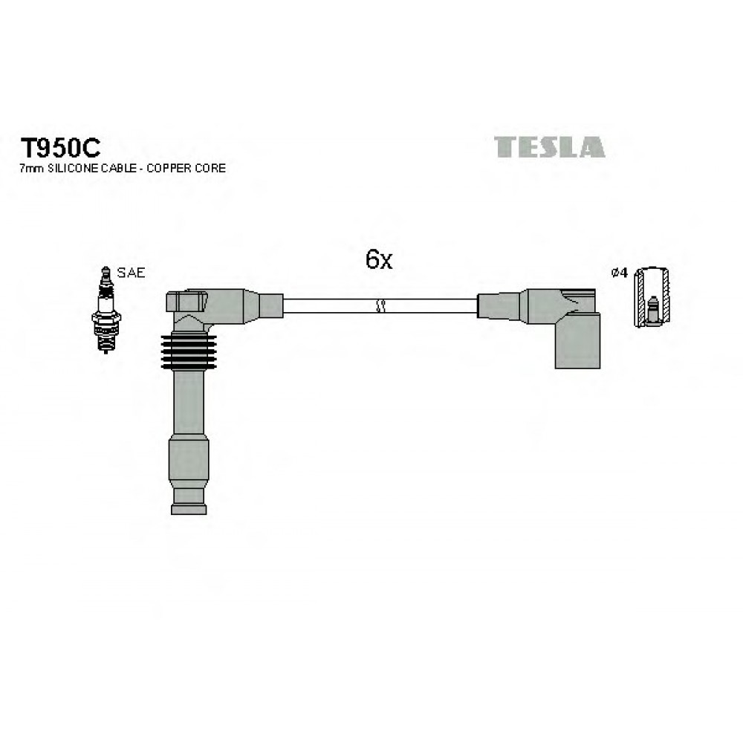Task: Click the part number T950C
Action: [60, 148]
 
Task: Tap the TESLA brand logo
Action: [549, 147]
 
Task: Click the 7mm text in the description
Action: [32, 168]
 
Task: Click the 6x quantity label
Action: [379, 259]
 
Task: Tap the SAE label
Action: [131, 273]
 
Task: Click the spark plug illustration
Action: [106, 310]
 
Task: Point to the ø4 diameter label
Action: [620, 273]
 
